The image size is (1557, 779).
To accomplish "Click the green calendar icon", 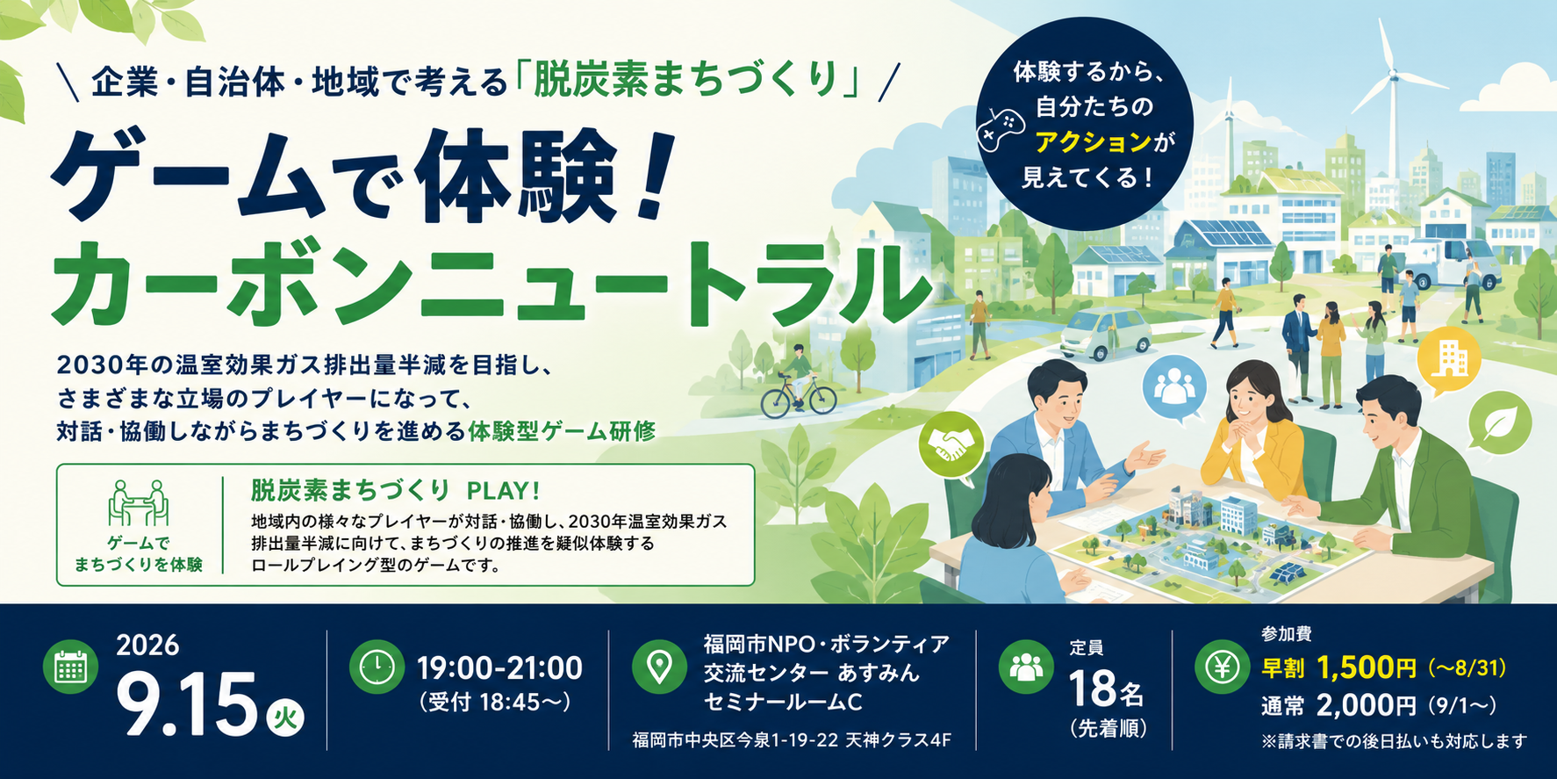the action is click(x=70, y=667).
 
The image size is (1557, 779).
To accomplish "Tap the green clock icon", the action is click(x=377, y=667).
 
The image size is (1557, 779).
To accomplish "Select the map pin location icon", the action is click(x=659, y=667).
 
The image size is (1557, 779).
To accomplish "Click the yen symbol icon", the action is click(x=1222, y=667).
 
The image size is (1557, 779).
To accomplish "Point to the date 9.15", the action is click(x=186, y=705).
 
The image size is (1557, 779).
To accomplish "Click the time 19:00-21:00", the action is click(x=499, y=667).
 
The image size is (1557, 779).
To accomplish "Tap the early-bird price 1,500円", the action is click(x=1366, y=668).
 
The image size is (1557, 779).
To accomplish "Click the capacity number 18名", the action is click(x=1106, y=689).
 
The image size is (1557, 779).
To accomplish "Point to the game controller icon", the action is click(x=1001, y=126).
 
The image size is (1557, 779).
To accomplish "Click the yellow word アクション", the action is click(x=1093, y=141).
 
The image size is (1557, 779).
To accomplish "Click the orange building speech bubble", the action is click(x=1449, y=359).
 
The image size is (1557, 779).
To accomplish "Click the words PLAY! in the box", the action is click(x=504, y=490).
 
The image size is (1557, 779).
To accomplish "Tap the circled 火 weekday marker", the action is click(x=284, y=718).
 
